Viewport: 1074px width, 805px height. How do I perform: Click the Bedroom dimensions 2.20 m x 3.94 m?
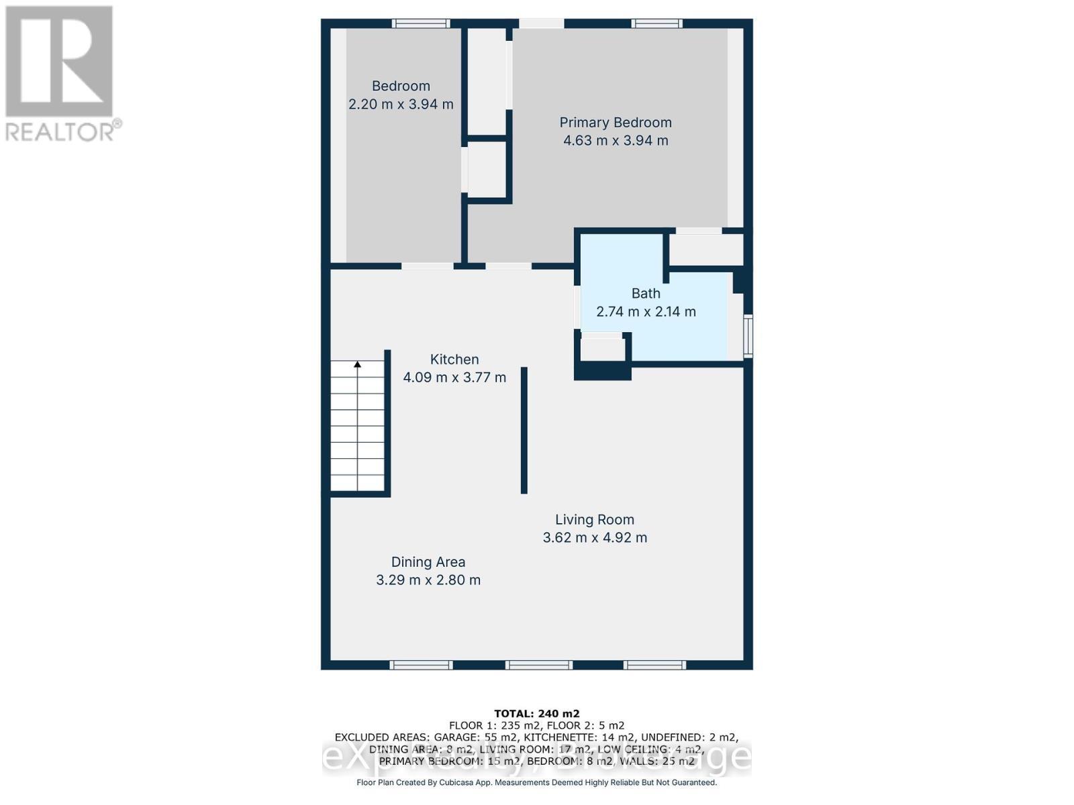coord(401,105)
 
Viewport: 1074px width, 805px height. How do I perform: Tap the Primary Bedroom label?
coord(616,123)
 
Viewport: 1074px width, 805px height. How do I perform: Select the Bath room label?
coord(646,294)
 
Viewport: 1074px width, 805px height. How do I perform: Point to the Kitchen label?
coord(454,360)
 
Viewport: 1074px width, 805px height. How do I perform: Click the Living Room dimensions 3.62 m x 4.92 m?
coord(595,538)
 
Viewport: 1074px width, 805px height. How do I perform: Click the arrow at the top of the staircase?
coord(358,365)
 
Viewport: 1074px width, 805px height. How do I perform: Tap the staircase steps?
coord(358,429)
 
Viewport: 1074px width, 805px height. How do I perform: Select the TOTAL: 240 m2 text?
coord(537,714)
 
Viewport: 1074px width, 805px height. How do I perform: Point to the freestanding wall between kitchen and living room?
coord(524,430)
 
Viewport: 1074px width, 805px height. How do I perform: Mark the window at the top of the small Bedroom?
coord(421,23)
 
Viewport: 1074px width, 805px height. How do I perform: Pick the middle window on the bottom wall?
coord(539,665)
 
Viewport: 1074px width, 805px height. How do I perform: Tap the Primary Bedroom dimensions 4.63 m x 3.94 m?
coord(616,141)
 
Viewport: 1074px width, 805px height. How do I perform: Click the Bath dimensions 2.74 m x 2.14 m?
coord(646,312)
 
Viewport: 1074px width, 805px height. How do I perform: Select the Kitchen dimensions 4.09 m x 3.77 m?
coord(454,378)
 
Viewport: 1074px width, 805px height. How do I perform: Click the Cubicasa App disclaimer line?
coord(537,782)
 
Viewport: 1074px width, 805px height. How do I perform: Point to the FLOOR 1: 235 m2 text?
coord(495,725)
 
